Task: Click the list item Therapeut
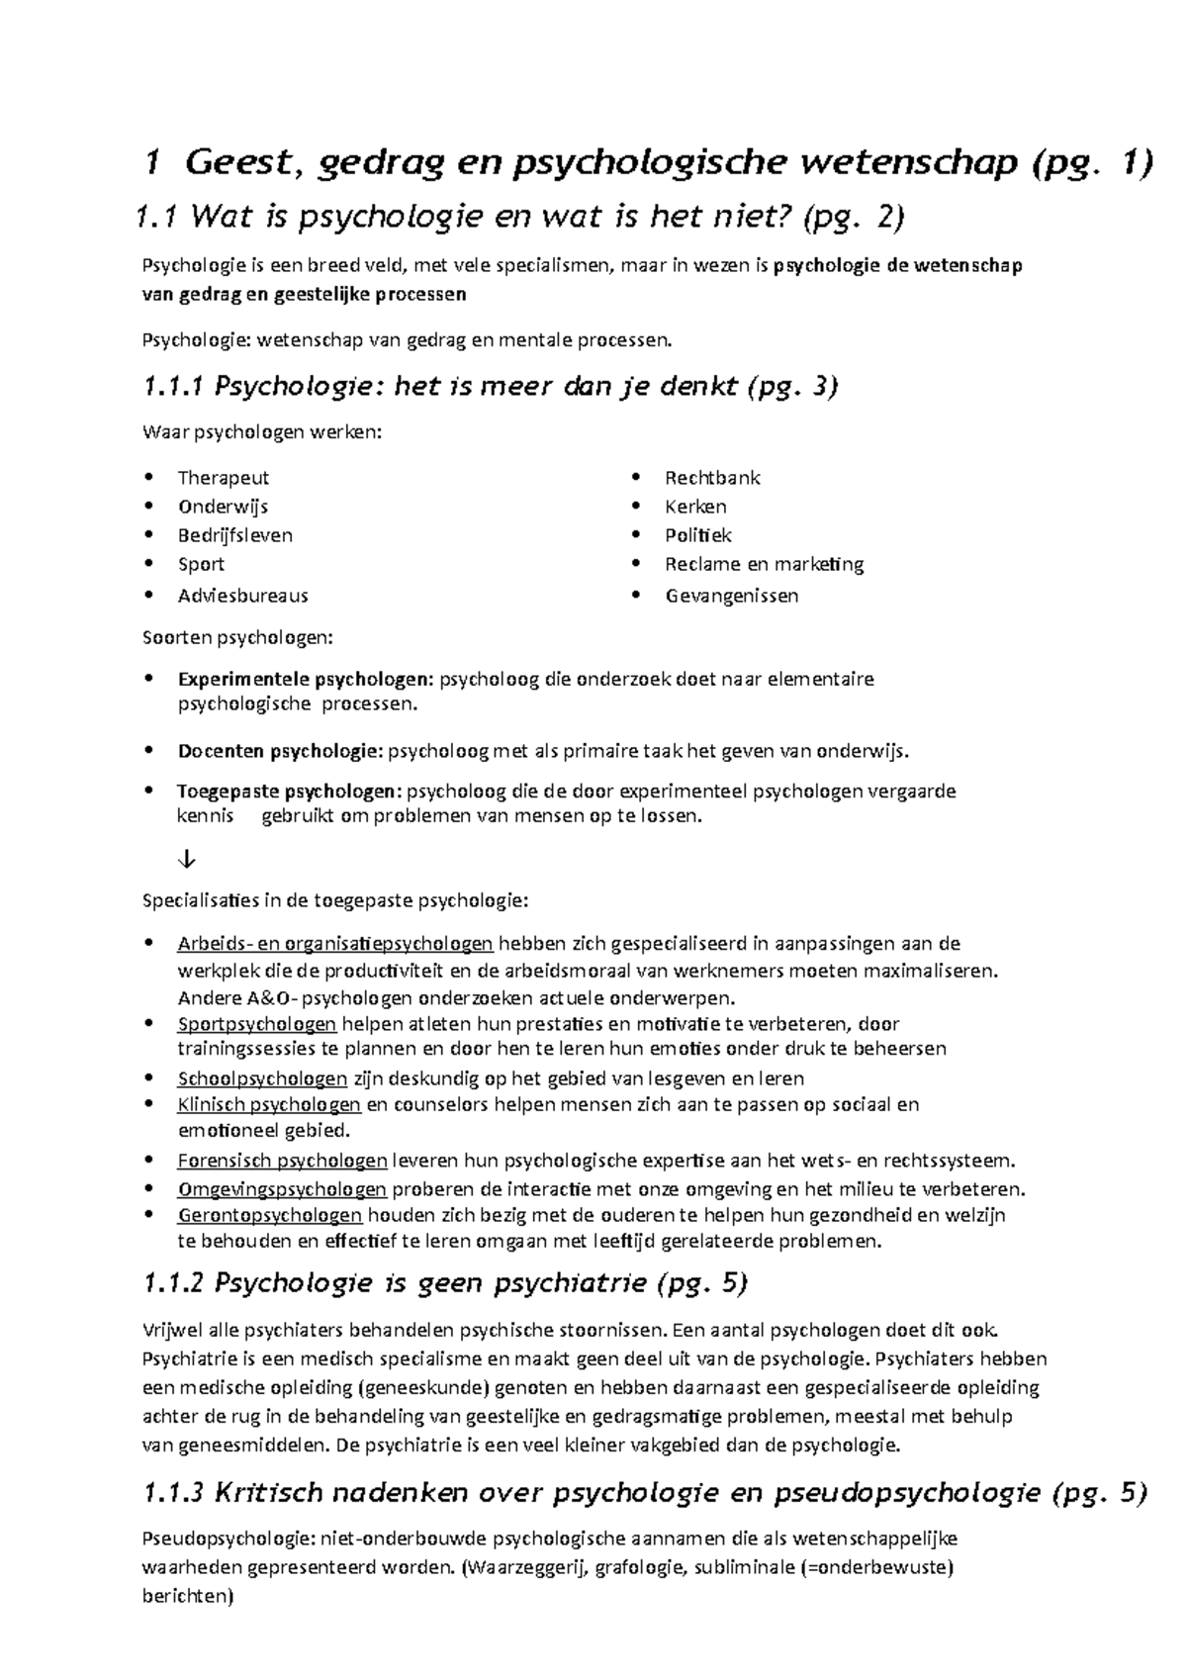coord(223,478)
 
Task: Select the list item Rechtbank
coord(712,478)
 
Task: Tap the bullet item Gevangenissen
coord(731,596)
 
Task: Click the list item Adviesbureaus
coord(242,596)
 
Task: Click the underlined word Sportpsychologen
coord(257,1023)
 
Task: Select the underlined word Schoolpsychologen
coord(262,1078)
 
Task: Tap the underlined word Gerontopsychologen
coord(270,1215)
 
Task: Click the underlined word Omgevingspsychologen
coord(282,1188)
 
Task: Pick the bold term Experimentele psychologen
coord(305,680)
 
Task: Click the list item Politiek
coord(698,535)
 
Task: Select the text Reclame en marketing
coord(764,564)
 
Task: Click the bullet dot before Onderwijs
coord(148,507)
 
